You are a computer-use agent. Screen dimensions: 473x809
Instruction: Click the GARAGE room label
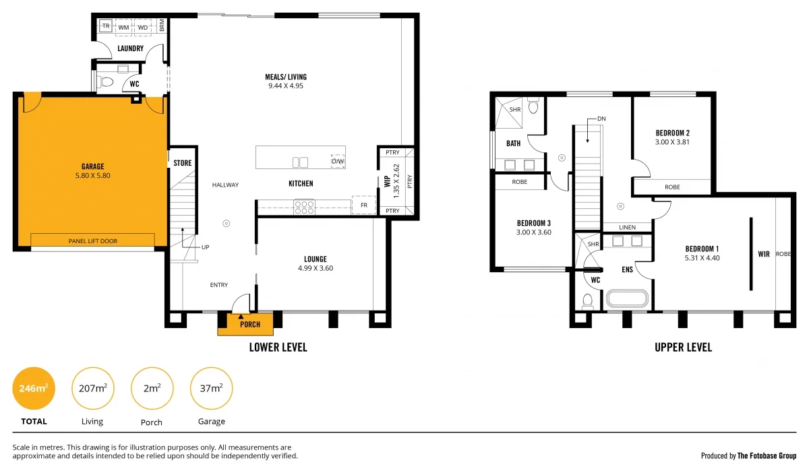[92, 166]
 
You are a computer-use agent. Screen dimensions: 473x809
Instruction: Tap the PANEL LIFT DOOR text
[93, 241]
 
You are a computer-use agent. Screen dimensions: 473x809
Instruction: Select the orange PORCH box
[245, 324]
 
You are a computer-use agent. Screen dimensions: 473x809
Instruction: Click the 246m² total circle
[34, 388]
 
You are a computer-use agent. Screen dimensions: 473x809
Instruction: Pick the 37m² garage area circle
[211, 388]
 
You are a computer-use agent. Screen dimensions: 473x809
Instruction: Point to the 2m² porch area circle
[152, 388]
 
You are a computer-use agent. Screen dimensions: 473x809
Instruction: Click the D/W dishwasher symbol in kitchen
[338, 162]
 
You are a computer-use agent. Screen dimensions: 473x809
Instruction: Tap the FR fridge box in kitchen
[363, 205]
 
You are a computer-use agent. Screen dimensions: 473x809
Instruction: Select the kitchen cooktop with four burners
[305, 206]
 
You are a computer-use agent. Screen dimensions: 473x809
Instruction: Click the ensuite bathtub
[627, 299]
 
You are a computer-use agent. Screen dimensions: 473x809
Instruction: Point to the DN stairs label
[601, 119]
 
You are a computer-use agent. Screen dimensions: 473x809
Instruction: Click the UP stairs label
[205, 247]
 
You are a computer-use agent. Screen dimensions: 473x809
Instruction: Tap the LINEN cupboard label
[627, 227]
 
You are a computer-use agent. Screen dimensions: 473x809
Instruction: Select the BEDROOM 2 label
[672, 133]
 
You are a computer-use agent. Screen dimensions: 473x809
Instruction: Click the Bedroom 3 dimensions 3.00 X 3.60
[534, 232]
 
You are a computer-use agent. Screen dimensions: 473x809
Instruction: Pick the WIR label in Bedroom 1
[764, 254]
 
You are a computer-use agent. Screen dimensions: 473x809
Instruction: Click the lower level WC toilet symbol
[106, 82]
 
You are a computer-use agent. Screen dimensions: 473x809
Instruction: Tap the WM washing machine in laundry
[124, 27]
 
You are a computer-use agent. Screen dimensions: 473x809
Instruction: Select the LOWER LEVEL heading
[278, 348]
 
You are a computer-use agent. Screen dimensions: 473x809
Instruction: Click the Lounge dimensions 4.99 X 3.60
[315, 268]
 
